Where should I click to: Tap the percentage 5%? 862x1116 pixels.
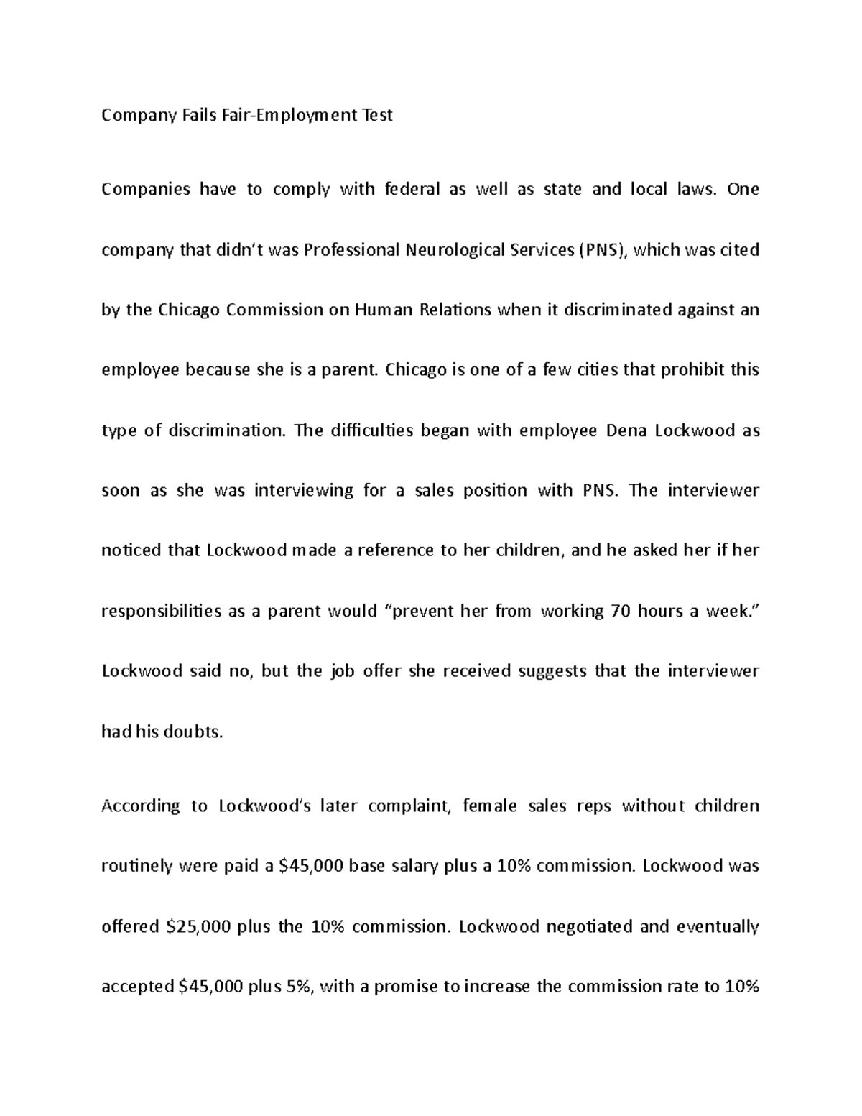tap(300, 987)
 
